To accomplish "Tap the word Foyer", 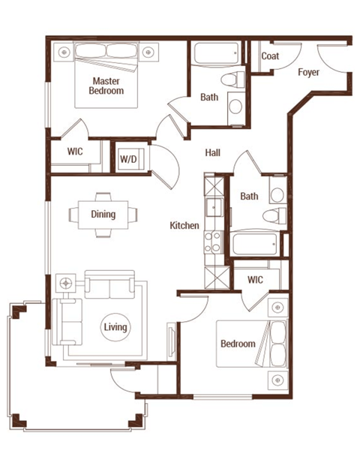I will [308, 73].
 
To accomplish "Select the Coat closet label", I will [271, 56].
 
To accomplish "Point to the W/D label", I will [127, 160].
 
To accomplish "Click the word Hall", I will [213, 152].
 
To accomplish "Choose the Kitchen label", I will [184, 225].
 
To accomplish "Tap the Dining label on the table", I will [103, 215].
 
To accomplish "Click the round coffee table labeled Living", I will [116, 328].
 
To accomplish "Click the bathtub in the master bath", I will [215, 54].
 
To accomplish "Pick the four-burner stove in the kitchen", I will [214, 240].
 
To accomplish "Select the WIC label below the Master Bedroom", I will [75, 152].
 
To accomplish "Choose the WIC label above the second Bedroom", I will [256, 280].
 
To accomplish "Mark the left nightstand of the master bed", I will [64, 52].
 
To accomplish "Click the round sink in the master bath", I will [235, 106].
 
